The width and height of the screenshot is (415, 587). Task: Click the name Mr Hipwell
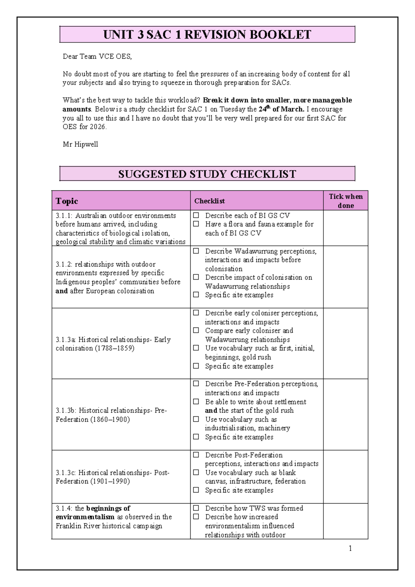pos(80,144)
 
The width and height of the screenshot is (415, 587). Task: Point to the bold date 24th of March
pos(282,109)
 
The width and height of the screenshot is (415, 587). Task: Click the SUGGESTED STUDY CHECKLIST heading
pos(207,174)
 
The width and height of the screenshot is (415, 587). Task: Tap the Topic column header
pos(67,201)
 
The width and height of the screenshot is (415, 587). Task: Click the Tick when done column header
pos(345,201)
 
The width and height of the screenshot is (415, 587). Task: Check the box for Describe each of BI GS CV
pos(196,215)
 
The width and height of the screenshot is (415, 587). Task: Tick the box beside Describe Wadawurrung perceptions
pos(196,251)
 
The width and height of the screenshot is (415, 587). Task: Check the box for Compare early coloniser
pos(196,330)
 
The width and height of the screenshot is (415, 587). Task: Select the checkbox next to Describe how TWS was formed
pos(196,508)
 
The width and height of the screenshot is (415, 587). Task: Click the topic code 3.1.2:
pos(64,264)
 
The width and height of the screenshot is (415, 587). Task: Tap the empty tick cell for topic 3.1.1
pos(345,228)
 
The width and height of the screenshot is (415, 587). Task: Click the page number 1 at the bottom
pos(350,548)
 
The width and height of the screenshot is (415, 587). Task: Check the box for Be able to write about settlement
pos(196,401)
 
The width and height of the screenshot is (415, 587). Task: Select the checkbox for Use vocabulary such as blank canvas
pos(196,472)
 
